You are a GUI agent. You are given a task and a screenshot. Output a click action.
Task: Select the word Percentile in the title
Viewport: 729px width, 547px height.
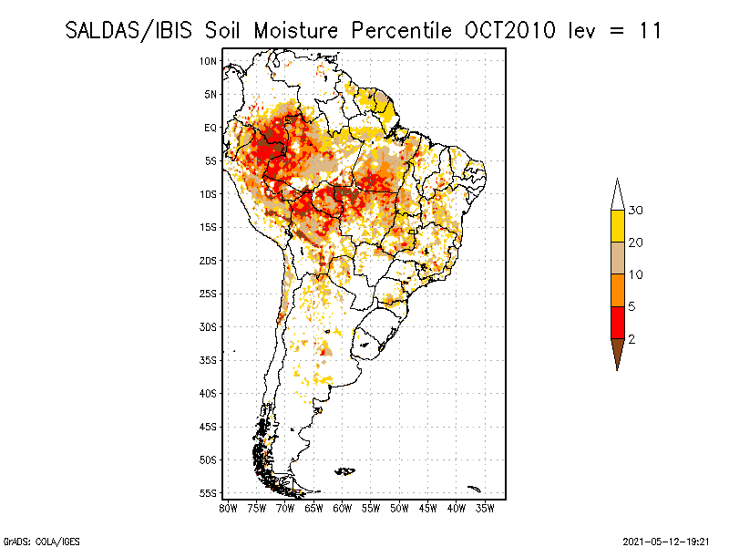(x=396, y=30)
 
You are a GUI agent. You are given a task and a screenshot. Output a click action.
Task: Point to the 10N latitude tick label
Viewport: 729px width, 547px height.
(x=209, y=61)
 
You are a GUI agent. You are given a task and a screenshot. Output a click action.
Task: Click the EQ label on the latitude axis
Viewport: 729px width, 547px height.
(x=210, y=128)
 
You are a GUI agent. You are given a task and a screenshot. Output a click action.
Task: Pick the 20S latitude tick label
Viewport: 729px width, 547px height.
(x=209, y=261)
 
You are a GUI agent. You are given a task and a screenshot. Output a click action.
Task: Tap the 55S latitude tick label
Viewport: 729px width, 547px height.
(x=209, y=493)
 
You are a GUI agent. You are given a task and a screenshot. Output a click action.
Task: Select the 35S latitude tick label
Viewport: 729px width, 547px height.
(x=209, y=360)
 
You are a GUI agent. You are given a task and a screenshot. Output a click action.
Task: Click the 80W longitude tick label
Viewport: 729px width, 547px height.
(x=228, y=508)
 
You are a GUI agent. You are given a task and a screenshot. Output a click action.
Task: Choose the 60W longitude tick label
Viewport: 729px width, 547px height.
(x=343, y=508)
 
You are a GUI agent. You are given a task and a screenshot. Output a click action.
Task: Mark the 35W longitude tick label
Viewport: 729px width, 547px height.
(x=486, y=508)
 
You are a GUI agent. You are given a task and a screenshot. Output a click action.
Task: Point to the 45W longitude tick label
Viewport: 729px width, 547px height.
(x=428, y=508)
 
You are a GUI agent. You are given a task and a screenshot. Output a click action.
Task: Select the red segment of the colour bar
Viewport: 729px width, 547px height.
(x=617, y=322)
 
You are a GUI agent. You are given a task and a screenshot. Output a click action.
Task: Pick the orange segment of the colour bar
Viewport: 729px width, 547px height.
(x=617, y=290)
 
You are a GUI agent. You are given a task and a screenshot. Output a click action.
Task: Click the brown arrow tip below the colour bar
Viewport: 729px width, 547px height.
(x=617, y=353)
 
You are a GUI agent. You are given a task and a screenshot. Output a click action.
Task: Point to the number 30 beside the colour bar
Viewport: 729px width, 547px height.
(x=636, y=211)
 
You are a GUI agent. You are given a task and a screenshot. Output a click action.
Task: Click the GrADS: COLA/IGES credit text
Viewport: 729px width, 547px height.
(x=36, y=540)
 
